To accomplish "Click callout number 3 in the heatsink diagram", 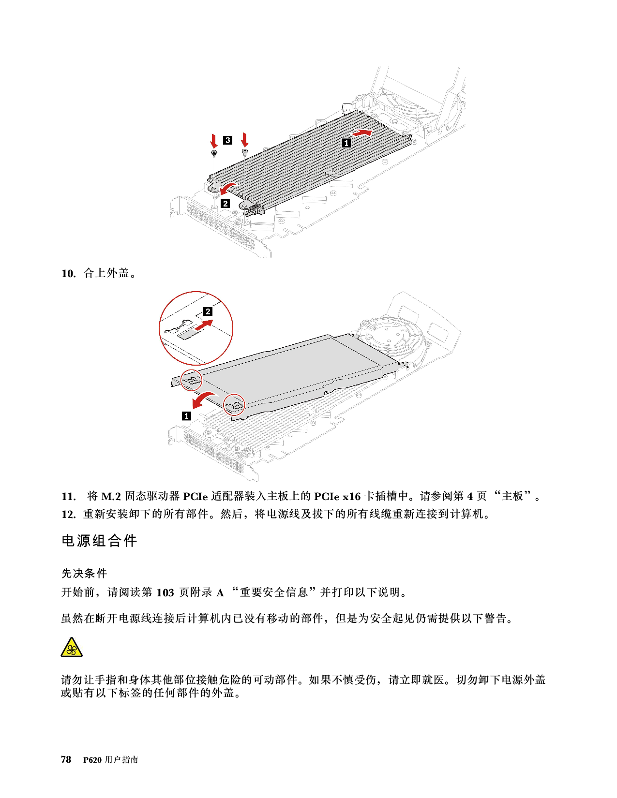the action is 227,140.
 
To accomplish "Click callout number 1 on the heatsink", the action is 346,143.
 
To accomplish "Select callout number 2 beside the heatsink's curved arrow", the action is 226,204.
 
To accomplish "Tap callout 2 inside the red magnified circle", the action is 208,311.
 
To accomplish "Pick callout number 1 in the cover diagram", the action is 186,416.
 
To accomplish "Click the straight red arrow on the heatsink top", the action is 362,132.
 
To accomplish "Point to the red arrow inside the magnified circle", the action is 203,325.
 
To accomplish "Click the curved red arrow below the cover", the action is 204,399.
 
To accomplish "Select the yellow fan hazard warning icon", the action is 72,648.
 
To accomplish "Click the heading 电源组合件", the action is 99,541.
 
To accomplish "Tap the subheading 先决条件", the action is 84,573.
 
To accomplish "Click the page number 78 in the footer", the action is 66,759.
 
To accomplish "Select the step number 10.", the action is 69,274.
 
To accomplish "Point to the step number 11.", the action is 69,497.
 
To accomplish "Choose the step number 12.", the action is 69,514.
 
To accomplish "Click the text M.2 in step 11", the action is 111,497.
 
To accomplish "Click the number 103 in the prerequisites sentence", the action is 165,592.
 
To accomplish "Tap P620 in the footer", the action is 92,760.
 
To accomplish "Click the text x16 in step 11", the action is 351,497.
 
